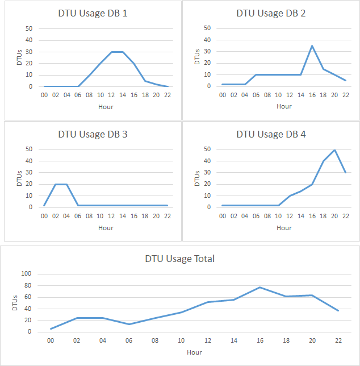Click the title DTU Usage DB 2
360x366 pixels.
[x=271, y=13]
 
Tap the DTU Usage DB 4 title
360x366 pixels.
[x=271, y=135]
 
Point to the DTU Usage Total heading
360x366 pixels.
[x=179, y=259]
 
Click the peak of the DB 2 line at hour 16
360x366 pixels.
[x=312, y=46]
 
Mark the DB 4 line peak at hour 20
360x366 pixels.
[x=334, y=150]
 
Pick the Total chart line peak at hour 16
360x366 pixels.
[x=259, y=287]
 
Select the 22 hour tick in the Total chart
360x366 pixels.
[x=338, y=340]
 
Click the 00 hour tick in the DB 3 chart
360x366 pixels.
[x=44, y=216]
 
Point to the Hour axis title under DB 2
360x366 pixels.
[x=284, y=106]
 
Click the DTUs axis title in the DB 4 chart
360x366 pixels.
[x=197, y=180]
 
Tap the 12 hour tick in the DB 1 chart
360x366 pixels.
[x=111, y=95]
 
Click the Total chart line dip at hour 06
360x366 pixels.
[x=129, y=325]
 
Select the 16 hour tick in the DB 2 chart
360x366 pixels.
[x=312, y=94]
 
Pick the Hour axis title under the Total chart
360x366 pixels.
[x=194, y=352]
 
